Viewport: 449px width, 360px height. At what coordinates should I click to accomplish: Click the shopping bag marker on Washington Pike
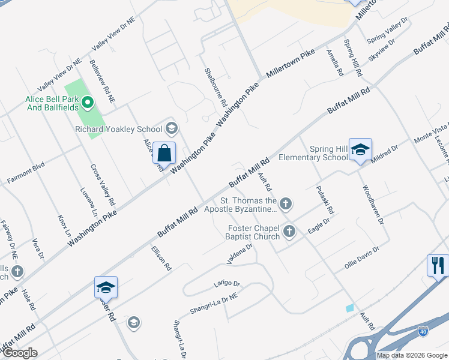tap(164, 154)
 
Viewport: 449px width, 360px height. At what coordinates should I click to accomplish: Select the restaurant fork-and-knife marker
tap(438, 265)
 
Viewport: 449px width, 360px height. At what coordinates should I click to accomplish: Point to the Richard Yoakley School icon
tap(172, 128)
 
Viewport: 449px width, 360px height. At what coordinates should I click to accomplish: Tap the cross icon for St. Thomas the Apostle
tap(286, 205)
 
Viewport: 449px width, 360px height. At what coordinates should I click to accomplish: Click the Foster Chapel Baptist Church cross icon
tap(290, 231)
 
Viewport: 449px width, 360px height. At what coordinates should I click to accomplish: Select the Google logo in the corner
tap(19, 353)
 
